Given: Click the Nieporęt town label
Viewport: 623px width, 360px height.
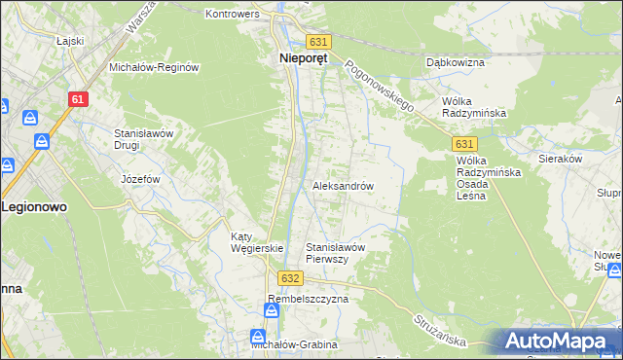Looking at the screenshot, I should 298,58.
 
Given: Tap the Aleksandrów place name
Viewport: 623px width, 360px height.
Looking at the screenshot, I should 343,185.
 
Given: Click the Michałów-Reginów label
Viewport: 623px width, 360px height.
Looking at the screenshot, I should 154,67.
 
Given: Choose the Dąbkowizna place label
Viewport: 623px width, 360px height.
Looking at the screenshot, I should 456,61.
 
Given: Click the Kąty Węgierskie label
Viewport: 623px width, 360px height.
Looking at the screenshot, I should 256,241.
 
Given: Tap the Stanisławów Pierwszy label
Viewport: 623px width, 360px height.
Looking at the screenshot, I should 335,253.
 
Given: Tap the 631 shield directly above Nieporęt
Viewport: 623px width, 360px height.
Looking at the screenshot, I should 318,42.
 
